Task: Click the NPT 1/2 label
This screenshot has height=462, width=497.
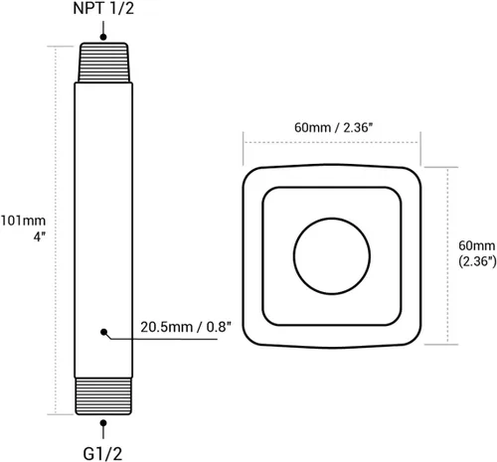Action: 103,9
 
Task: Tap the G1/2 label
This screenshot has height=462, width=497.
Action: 102,453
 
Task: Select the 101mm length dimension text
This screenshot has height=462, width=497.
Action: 23,221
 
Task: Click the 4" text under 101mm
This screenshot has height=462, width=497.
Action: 39,236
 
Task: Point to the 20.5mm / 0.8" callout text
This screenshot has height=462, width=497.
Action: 186,327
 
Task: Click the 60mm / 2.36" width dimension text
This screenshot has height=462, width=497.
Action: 334,127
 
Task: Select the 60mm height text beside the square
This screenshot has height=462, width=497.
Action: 477,245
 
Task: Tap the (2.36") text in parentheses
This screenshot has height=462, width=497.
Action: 477,261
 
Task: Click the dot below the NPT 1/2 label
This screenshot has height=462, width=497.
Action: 103,37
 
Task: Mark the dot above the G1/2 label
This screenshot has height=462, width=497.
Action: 103,423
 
